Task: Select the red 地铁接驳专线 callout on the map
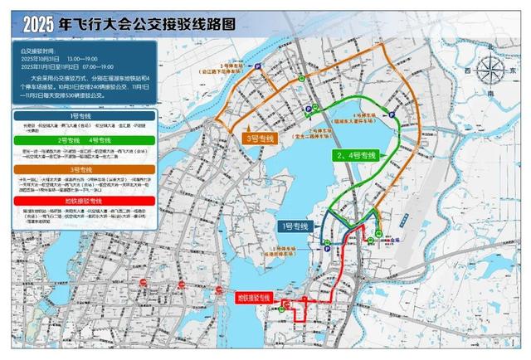tap(254, 295)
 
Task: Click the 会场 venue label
tap(382, 236)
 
